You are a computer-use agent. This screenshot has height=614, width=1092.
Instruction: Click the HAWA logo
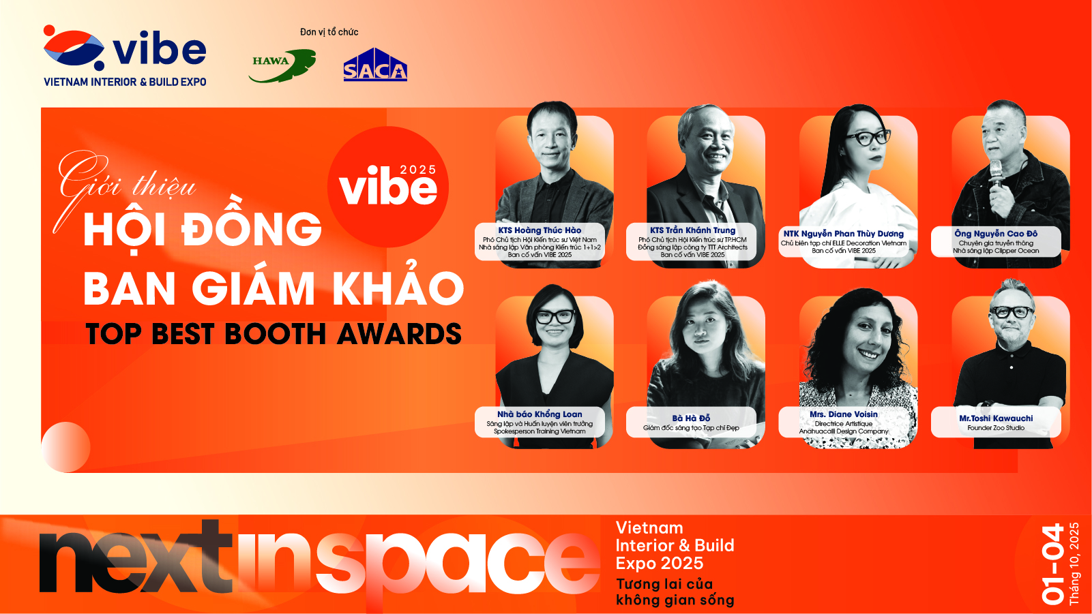click(281, 65)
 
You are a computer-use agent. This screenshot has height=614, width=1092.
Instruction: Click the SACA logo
click(375, 65)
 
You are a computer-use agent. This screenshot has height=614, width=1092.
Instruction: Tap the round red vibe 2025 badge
click(388, 187)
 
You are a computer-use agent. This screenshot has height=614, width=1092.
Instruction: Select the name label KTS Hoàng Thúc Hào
click(540, 230)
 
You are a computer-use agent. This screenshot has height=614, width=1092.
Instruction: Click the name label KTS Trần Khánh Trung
click(692, 230)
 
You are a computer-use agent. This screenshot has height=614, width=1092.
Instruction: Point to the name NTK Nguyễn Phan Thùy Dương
click(843, 234)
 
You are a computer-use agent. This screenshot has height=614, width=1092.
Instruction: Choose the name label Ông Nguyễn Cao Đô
click(996, 234)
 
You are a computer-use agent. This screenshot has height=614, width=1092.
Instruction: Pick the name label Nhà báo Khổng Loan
click(540, 414)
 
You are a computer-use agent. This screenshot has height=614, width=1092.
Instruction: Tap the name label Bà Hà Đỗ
click(691, 418)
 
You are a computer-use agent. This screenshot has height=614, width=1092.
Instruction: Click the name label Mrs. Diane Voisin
click(844, 414)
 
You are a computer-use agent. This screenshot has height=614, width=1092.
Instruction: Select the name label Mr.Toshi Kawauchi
click(996, 418)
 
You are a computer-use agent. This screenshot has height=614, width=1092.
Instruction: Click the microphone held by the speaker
click(996, 173)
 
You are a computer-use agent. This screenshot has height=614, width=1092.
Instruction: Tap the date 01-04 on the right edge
click(1052, 564)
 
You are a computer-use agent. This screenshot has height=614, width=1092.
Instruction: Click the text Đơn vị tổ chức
click(329, 32)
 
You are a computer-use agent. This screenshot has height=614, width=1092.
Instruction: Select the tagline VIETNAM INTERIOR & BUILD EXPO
click(125, 82)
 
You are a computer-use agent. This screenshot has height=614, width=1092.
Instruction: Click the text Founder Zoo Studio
click(996, 428)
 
